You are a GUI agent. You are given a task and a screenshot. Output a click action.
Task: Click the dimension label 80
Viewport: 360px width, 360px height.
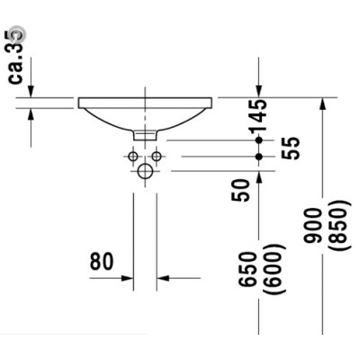click(x=102, y=261)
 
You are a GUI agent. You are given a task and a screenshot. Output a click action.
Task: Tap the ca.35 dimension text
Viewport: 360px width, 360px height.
click(x=16, y=57)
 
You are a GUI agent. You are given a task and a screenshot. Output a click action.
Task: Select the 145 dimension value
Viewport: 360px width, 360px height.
click(x=257, y=115)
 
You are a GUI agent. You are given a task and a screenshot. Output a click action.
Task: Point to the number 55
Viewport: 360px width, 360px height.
click(x=291, y=148)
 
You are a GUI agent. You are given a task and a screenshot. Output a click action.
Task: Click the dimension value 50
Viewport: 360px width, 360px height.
click(x=240, y=190)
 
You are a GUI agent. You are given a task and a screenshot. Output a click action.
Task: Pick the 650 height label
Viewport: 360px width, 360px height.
click(x=247, y=268)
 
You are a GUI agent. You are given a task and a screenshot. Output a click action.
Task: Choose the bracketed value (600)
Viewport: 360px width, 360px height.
click(x=273, y=269)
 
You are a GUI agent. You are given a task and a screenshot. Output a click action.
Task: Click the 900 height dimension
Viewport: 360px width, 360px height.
click(x=312, y=225)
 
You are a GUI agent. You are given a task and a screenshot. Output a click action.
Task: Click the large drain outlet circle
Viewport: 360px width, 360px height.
click(x=145, y=171)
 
